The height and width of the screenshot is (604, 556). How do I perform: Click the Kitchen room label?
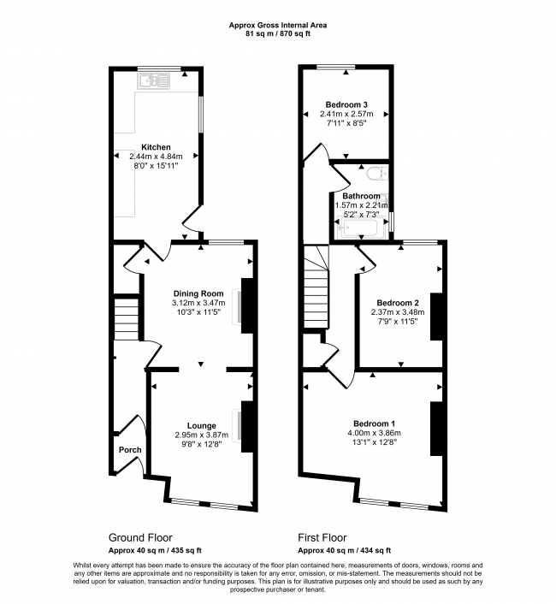point(156,147)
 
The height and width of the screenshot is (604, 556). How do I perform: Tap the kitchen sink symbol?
point(154,81)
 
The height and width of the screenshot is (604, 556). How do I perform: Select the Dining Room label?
point(198,293)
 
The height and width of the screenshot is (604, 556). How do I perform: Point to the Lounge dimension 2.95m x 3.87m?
point(201,435)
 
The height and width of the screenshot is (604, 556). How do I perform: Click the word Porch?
point(130,449)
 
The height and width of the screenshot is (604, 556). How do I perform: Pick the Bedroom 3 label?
point(346,104)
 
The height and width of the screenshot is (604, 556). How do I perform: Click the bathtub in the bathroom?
point(361,228)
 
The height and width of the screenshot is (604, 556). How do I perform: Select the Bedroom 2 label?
point(398,303)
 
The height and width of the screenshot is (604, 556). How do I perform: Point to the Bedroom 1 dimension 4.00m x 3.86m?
point(375,433)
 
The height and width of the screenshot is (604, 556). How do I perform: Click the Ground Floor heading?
point(140,538)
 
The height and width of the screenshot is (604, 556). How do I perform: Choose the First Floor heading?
point(322,538)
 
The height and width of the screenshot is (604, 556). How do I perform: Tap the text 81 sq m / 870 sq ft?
point(278,33)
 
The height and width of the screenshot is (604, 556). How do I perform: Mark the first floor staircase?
point(316,287)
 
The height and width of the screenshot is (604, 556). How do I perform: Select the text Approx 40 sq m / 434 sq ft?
point(345,550)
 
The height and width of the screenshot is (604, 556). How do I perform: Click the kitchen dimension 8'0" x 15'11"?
point(156,166)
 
